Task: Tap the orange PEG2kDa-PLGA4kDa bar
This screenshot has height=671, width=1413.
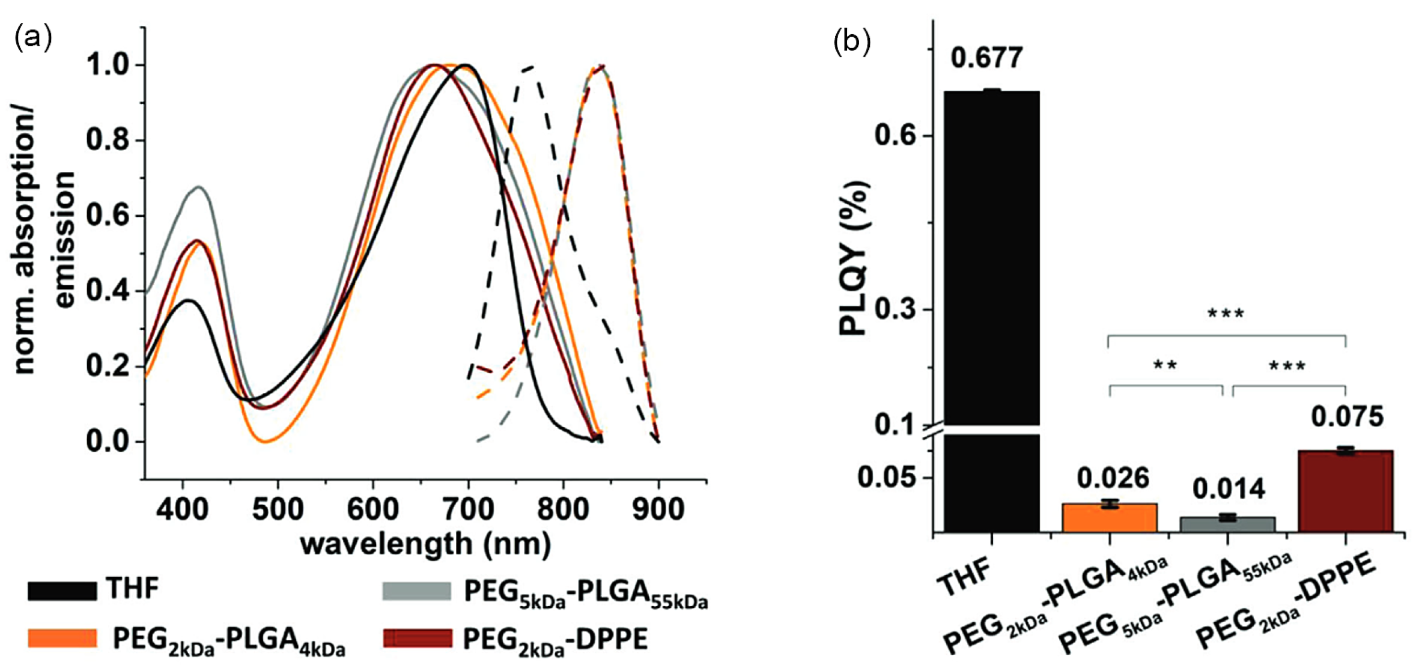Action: click(1109, 518)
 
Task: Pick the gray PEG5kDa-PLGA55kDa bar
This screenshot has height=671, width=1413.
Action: click(1227, 524)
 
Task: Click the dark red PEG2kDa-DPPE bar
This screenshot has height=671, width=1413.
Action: click(1346, 491)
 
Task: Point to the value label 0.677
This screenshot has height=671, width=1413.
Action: click(986, 58)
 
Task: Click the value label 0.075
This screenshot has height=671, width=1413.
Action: click(1347, 417)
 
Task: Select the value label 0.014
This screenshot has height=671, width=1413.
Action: click(1229, 489)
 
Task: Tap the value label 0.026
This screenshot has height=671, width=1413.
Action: click(1113, 478)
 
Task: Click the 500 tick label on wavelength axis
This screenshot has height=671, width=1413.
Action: click(278, 509)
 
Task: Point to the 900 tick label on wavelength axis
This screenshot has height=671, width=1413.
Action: click(658, 509)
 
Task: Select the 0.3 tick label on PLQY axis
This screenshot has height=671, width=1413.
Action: click(895, 310)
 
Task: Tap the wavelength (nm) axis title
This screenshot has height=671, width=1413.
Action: click(425, 544)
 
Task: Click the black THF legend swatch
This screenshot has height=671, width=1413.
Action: click(62, 591)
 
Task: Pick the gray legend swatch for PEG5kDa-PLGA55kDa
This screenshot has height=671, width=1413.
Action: click(416, 591)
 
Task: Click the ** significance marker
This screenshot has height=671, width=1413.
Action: click(1165, 366)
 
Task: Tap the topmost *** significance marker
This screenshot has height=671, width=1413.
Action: click(1226, 314)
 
